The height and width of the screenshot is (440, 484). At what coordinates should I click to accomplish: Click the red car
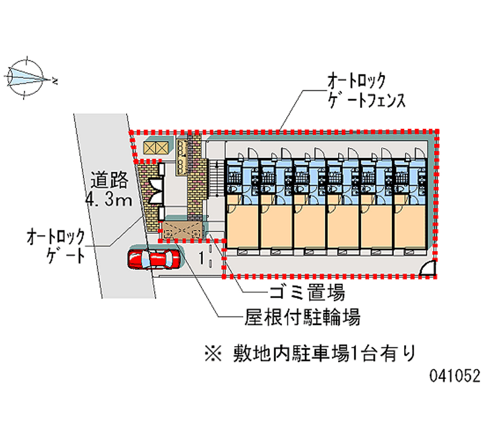[x=153, y=258]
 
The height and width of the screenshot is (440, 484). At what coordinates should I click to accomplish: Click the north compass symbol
[x=26, y=77]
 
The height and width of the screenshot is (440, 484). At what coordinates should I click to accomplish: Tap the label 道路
[x=110, y=180]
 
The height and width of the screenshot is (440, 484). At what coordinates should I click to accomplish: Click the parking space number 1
[x=200, y=258]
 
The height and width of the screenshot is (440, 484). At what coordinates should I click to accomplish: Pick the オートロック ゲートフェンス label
[x=365, y=90]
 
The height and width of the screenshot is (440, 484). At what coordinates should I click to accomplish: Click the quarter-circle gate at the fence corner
[x=428, y=268]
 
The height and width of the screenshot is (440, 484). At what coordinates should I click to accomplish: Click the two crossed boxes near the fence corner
[x=155, y=148]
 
